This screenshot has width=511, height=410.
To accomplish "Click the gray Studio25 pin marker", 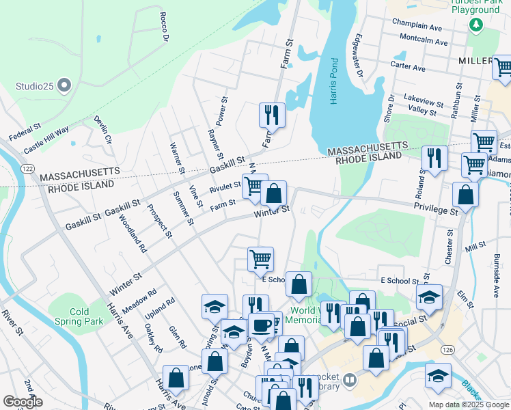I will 64,86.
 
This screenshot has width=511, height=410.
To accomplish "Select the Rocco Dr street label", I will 164,27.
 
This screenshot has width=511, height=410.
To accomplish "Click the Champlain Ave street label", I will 417,23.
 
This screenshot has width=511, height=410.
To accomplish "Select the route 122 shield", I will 28,167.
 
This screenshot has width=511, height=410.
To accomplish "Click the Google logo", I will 23,402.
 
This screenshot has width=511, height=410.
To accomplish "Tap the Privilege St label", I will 435,212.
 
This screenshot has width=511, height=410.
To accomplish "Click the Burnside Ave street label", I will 496,275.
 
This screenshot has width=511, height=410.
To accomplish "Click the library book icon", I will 349,379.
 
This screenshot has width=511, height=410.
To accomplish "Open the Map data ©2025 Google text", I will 469,405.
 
